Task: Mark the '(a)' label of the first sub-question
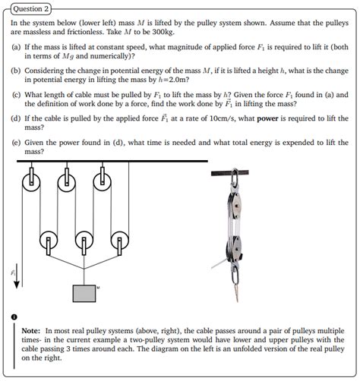tap(16, 47)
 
